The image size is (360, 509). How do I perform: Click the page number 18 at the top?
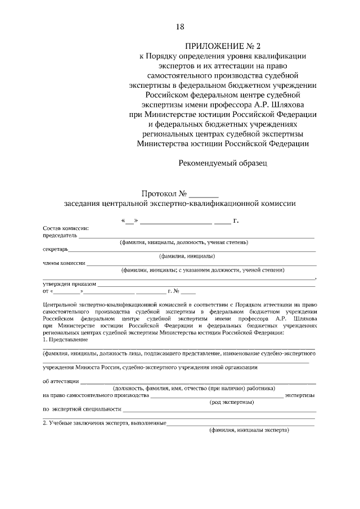(x=179, y=27)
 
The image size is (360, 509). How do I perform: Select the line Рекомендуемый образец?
(x=223, y=164)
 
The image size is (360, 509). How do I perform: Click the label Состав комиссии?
(x=66, y=228)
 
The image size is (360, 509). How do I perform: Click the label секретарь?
(x=55, y=249)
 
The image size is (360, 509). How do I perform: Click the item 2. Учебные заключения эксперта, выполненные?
(x=104, y=422)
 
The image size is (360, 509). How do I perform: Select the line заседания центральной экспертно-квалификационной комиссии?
(x=179, y=204)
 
